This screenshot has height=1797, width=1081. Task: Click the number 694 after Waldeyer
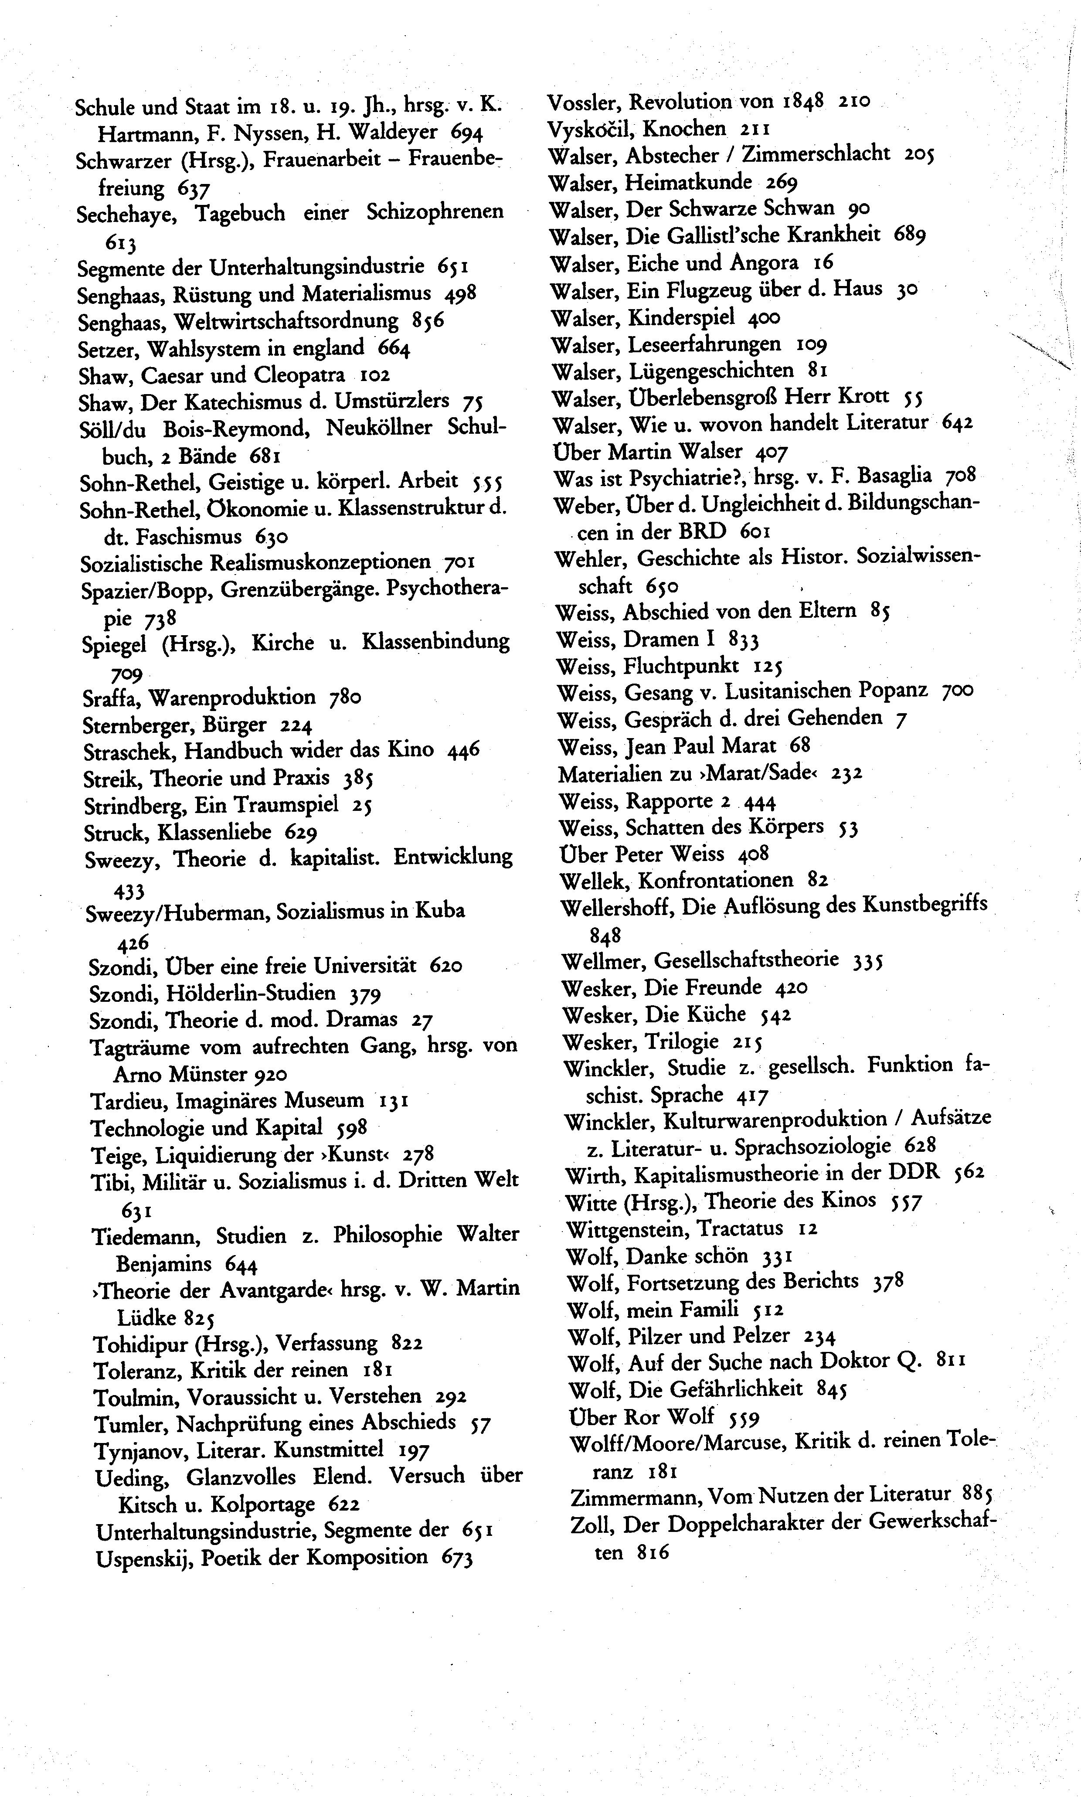pos(467,133)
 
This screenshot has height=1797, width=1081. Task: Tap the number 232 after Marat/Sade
pos(846,773)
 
